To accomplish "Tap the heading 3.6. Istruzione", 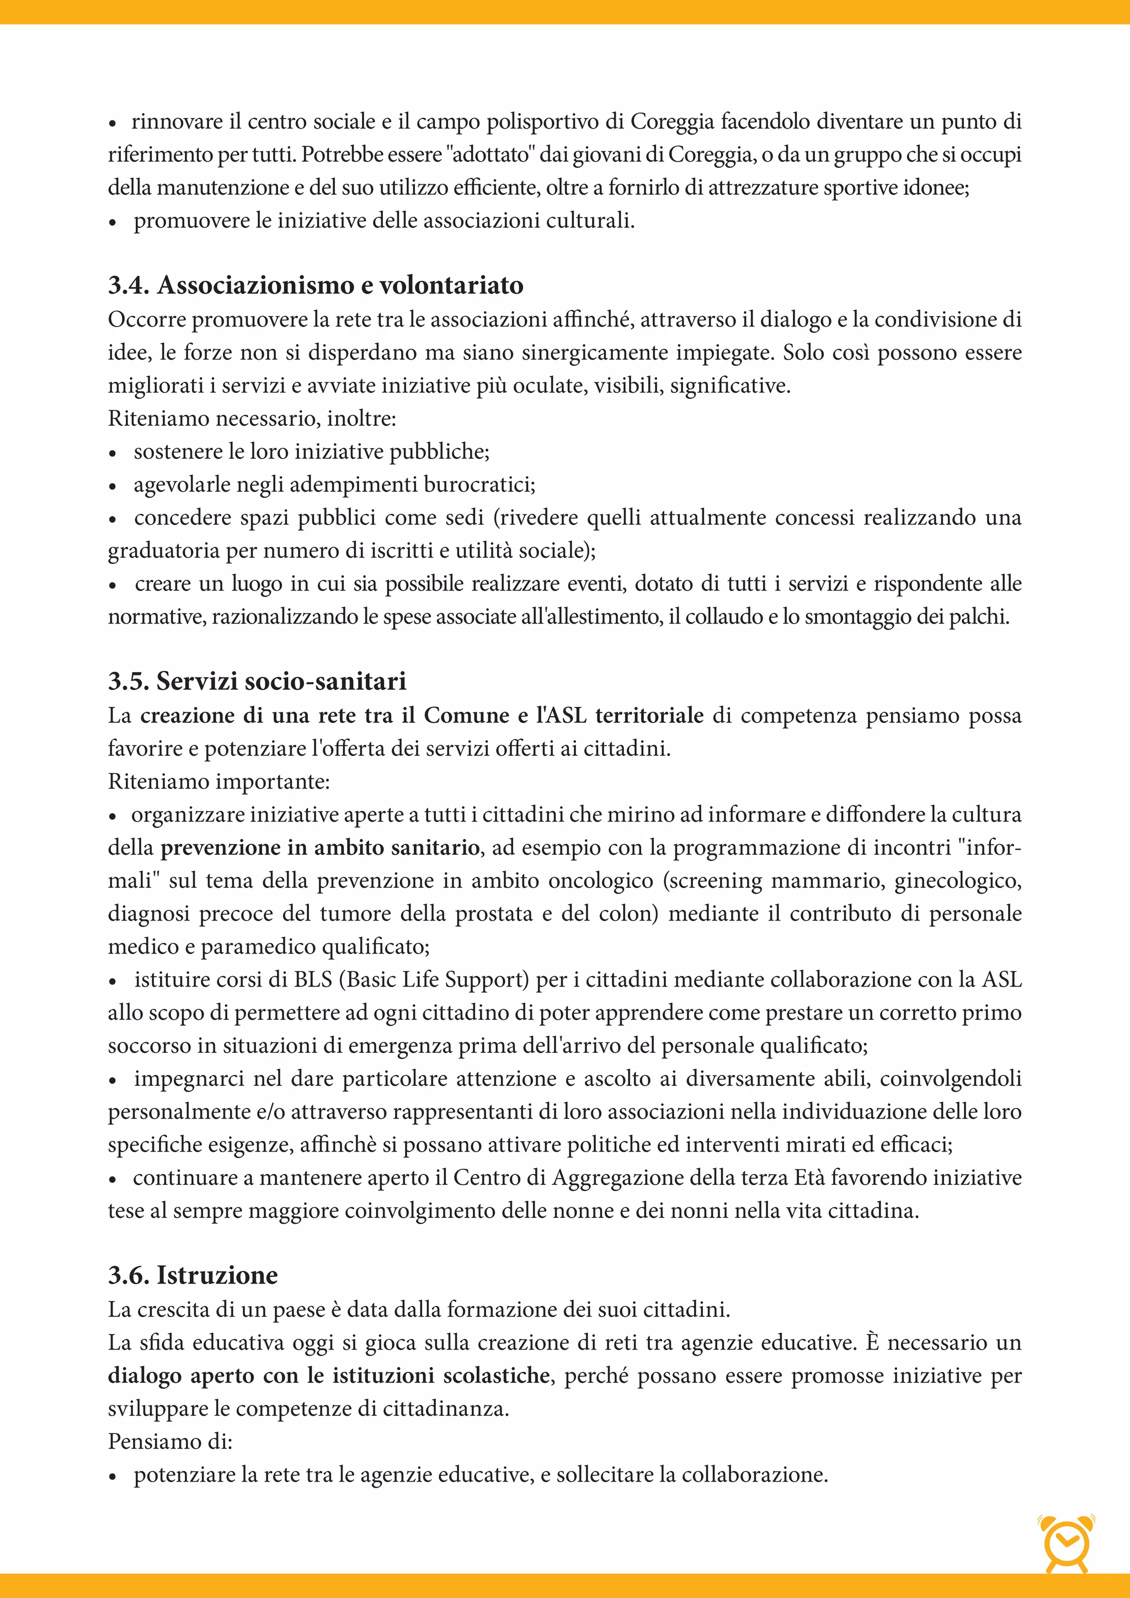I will pyautogui.click(x=193, y=1275).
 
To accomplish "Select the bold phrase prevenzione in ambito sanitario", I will pyautogui.click(x=320, y=848).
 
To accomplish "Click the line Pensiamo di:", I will pyautogui.click(x=170, y=1441).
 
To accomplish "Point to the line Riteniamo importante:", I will pyautogui.click(x=218, y=781).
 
